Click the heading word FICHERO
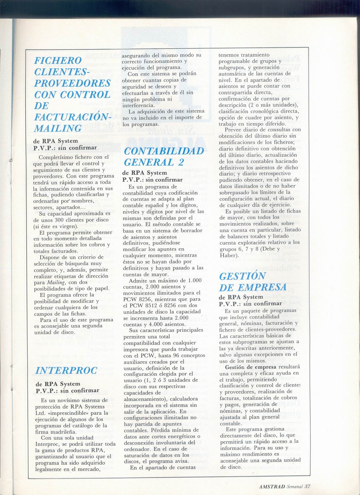(58, 61)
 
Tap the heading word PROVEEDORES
(72, 83)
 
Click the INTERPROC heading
(66, 370)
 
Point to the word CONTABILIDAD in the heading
(164, 151)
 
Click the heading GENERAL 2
(154, 162)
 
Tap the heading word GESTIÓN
(242, 276)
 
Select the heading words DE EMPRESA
(253, 287)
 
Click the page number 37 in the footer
(308, 486)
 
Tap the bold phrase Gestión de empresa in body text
(254, 367)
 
